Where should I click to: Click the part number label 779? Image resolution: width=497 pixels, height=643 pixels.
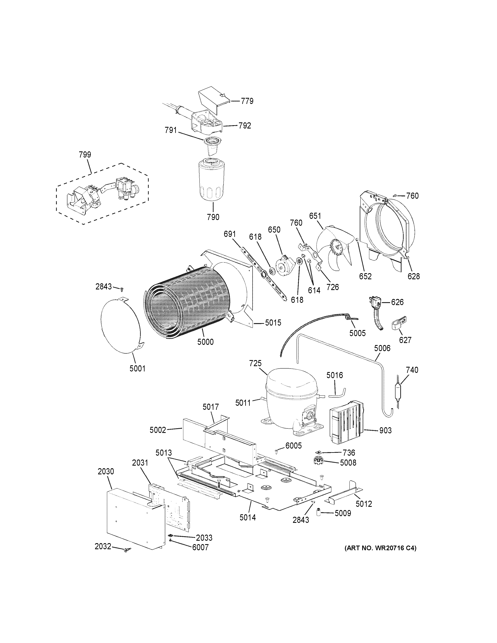pos(247,101)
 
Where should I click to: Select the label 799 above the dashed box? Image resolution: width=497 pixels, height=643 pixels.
pos(85,155)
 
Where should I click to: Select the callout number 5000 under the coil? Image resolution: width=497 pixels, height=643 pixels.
pos(205,342)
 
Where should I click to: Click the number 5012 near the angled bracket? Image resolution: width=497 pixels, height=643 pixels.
pos(364,504)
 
